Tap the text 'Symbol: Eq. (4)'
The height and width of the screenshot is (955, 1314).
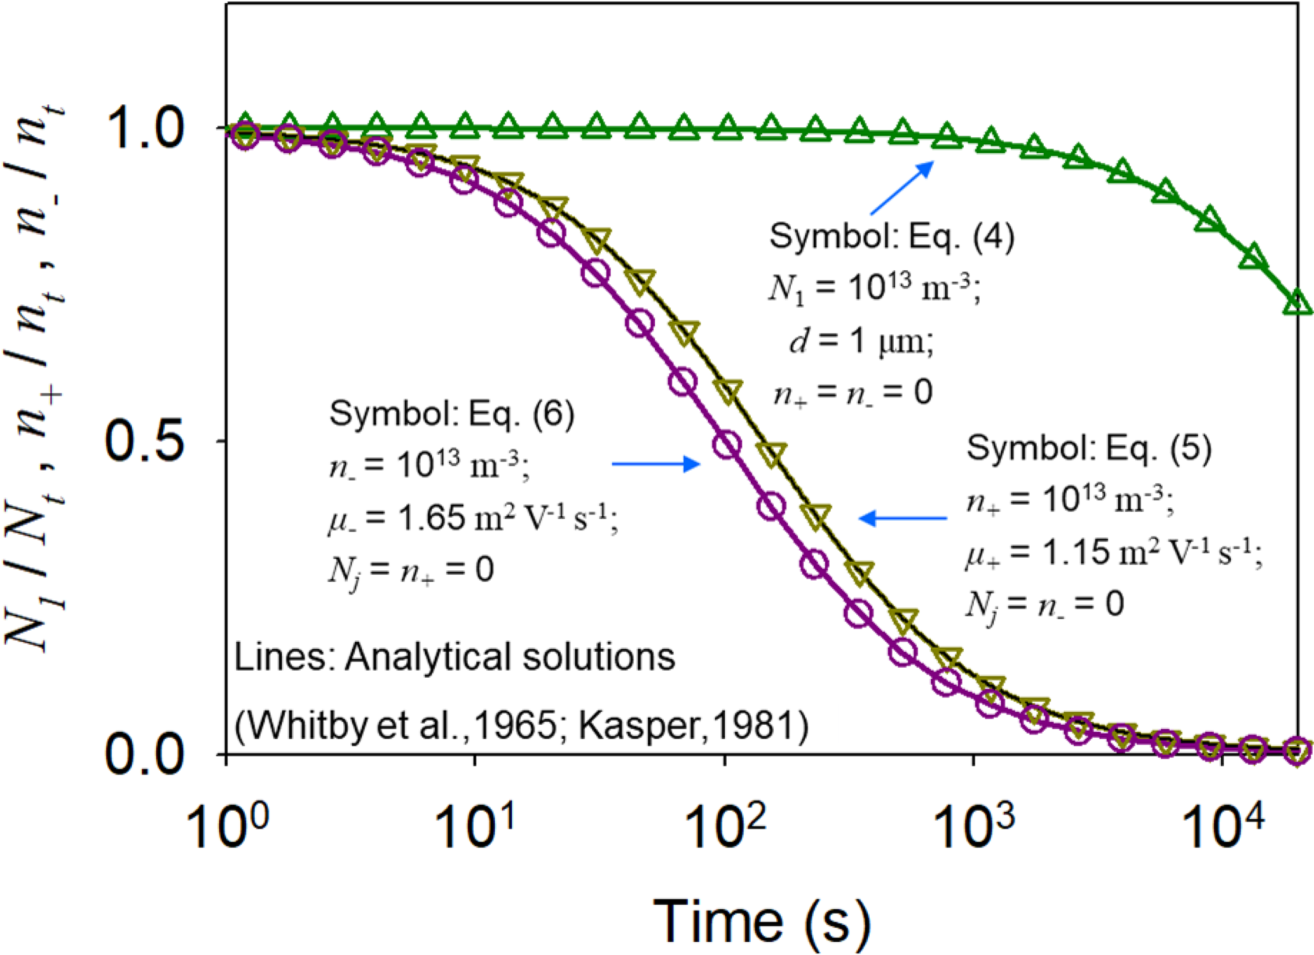click(892, 237)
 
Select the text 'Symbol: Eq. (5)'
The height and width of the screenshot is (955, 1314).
click(1089, 448)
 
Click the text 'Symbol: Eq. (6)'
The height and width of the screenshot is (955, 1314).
click(451, 414)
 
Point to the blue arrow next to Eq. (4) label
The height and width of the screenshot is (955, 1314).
click(901, 188)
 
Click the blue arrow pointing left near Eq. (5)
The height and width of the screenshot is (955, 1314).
click(903, 518)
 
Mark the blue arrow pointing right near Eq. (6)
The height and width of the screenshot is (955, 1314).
click(655, 464)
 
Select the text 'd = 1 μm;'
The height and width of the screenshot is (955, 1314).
click(861, 341)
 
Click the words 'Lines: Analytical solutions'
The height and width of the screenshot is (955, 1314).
click(455, 657)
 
